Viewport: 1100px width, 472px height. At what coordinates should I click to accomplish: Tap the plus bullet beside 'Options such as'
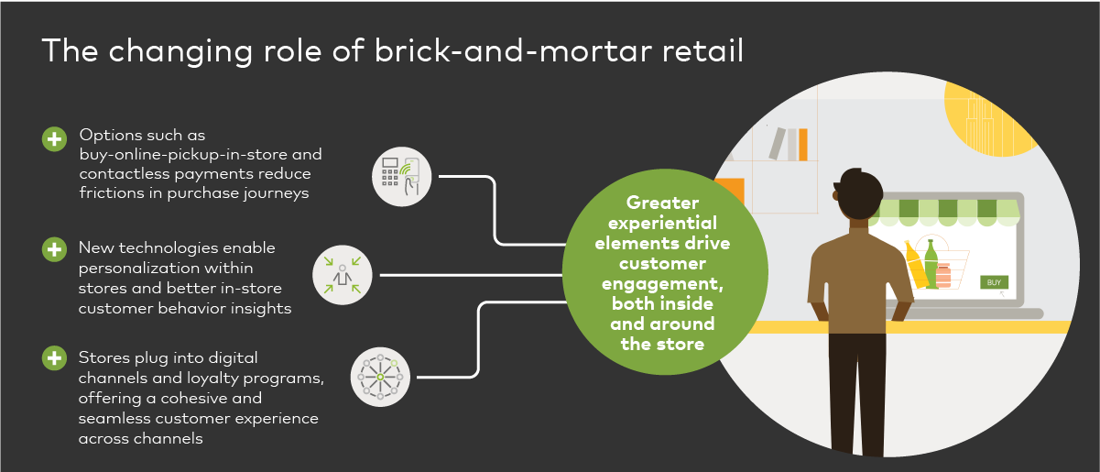pyautogui.click(x=55, y=139)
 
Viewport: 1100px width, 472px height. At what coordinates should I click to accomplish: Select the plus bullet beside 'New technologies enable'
pyautogui.click(x=55, y=249)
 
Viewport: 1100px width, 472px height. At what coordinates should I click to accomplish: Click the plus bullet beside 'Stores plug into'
pyautogui.click(x=55, y=358)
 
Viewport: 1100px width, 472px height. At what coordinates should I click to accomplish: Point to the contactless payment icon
pyautogui.click(x=402, y=177)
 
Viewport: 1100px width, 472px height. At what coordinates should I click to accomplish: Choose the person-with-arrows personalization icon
pyautogui.click(x=343, y=275)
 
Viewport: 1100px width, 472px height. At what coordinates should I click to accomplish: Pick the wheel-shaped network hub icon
pyautogui.click(x=380, y=378)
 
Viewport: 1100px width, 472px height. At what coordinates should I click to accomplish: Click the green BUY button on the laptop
pyautogui.click(x=994, y=282)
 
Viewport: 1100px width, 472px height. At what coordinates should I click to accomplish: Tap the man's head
pyautogui.click(x=859, y=194)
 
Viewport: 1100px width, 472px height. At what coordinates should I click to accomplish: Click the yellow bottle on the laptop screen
pyautogui.click(x=916, y=264)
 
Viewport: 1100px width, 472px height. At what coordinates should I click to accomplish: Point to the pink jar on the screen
pyautogui.click(x=943, y=275)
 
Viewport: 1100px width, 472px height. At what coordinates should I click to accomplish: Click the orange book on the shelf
pyautogui.click(x=803, y=145)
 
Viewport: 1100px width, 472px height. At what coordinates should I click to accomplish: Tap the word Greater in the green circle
pyautogui.click(x=662, y=203)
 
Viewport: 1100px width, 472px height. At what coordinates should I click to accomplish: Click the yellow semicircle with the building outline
pyautogui.click(x=987, y=118)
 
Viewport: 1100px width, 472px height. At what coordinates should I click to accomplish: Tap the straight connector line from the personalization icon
pyautogui.click(x=472, y=275)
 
